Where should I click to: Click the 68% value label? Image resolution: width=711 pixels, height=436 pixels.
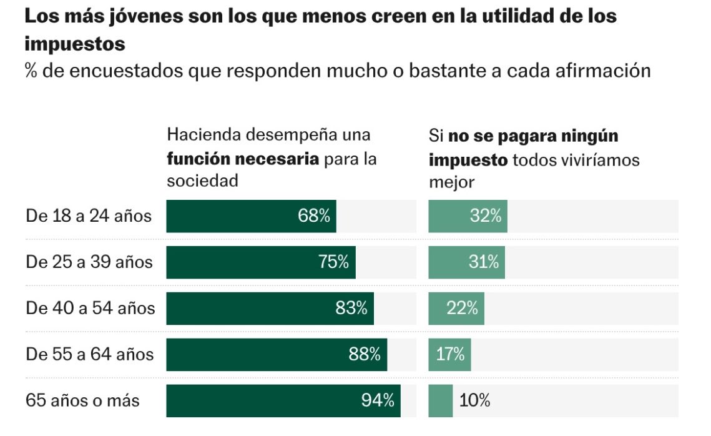313,216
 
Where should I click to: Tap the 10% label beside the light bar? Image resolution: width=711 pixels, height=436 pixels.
474,400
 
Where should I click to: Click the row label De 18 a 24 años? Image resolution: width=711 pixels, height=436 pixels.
89,216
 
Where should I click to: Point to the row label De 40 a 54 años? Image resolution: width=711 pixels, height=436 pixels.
90,308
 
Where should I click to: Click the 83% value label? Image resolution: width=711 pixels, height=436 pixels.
351,308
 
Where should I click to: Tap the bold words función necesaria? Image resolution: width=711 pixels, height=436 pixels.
243,159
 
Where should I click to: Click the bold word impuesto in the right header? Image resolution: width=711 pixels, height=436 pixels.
468,160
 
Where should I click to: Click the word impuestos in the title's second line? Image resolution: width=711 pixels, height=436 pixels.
75,44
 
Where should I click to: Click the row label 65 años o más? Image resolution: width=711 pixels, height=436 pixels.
82,400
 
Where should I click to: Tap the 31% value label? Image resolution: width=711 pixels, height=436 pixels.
484,262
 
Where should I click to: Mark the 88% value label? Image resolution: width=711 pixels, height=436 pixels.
365,354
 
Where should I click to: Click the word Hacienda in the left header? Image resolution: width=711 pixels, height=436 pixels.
203,135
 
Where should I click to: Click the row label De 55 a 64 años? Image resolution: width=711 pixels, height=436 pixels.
90,354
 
